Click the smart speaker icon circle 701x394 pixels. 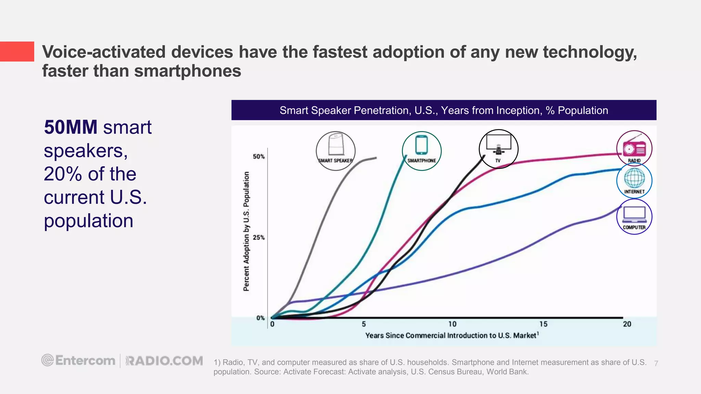(335, 151)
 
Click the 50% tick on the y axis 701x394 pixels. (259, 157)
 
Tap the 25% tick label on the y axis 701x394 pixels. (259, 237)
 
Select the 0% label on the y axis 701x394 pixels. (260, 318)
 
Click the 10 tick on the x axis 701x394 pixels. (452, 324)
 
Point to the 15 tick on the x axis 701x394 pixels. (543, 324)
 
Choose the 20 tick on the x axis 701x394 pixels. (627, 324)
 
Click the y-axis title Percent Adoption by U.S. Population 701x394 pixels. (246, 231)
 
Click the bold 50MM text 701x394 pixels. (71, 127)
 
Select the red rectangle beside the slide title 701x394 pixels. (17, 52)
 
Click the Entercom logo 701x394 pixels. (78, 360)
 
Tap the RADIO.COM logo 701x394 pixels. (164, 361)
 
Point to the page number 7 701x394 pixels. (656, 364)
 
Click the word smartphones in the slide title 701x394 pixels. (188, 71)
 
